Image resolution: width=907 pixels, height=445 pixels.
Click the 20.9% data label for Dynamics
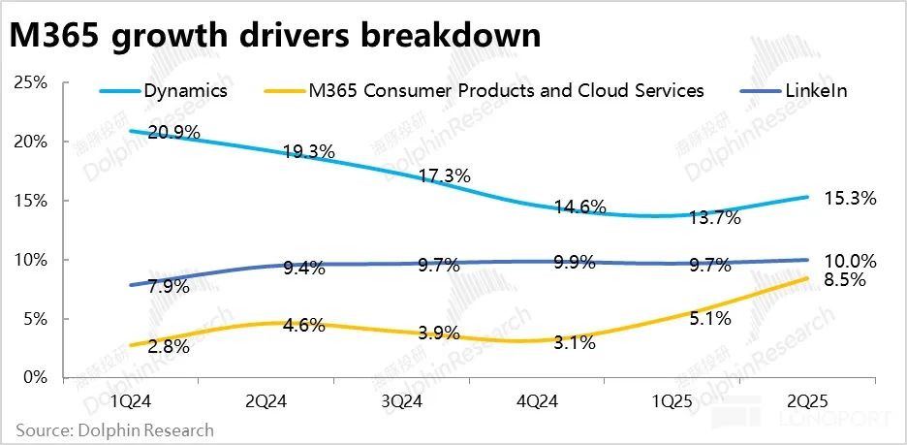[x=175, y=133]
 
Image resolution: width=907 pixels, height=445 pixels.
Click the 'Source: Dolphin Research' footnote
[x=114, y=429]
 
